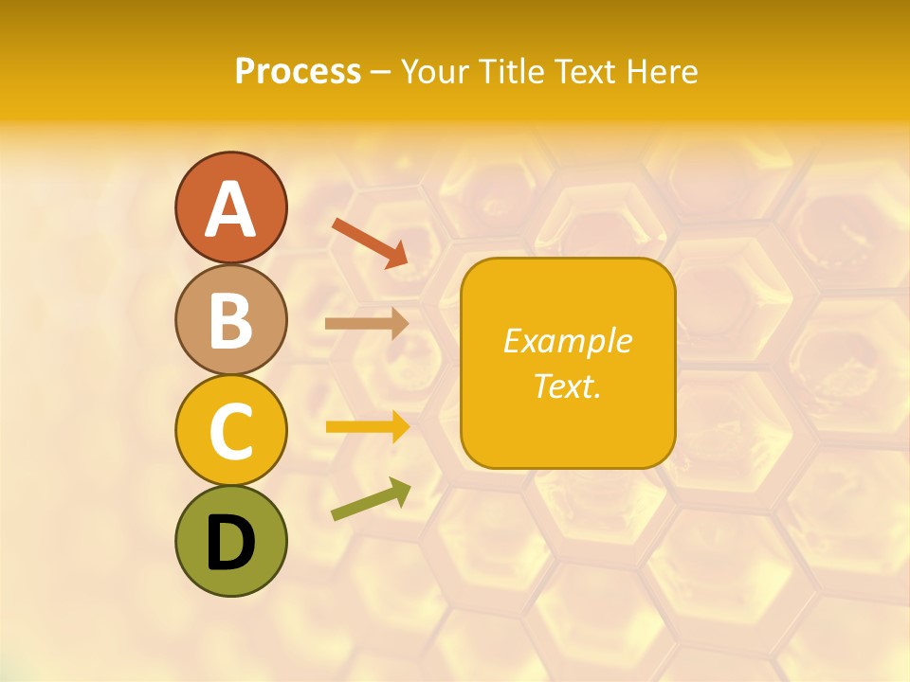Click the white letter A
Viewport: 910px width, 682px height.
230,209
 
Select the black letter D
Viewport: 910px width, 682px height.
230,543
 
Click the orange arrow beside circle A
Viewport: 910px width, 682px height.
370,242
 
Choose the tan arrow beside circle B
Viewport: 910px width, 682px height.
367,323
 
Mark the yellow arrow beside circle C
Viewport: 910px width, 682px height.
367,426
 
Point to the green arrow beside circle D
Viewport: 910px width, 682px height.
371,499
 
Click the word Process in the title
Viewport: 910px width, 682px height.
298,71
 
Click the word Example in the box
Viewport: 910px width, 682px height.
567,341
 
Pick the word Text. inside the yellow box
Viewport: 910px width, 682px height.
567,386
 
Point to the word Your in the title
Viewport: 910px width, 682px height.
436,71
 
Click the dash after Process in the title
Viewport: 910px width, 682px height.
381,72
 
